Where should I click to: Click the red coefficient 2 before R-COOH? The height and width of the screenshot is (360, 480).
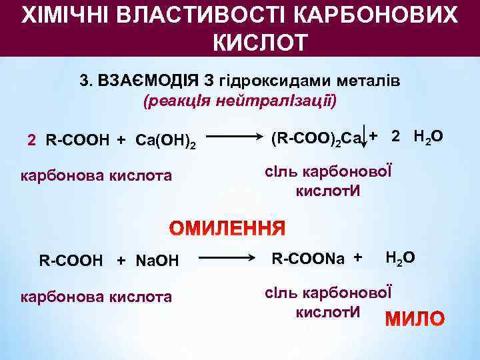31,140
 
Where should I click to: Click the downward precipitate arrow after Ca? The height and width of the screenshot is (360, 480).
365,139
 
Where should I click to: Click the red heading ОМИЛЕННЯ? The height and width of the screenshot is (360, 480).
227,229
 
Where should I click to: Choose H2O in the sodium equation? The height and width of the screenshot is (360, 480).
400,257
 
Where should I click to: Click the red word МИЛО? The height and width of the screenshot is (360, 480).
415,319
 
